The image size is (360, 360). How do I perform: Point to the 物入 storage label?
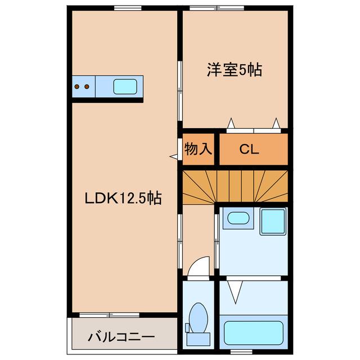pyautogui.click(x=199, y=149)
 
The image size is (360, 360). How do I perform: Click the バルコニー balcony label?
pyautogui.click(x=121, y=338)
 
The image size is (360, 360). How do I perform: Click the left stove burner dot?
pyautogui.click(x=78, y=87)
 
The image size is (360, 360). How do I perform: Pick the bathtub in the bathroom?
pyautogui.click(x=253, y=332)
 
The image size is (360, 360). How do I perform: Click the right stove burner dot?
pyautogui.click(x=87, y=87)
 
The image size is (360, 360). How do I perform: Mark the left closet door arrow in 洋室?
pyautogui.click(x=231, y=123)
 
